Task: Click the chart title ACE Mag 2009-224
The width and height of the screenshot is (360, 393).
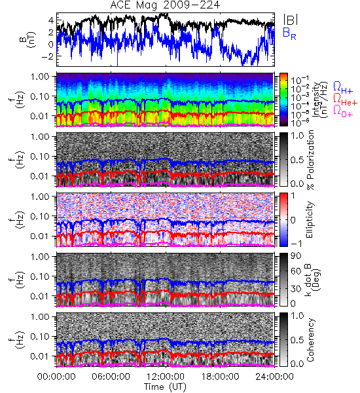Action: coord(165,5)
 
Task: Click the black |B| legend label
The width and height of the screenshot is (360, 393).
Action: coord(291,20)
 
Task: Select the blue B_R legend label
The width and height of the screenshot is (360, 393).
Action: coord(289,33)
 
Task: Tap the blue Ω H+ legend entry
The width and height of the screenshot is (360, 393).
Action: coord(343,88)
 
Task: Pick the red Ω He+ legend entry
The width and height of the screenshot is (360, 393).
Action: coord(345,100)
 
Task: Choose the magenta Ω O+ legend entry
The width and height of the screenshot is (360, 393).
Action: coord(343,111)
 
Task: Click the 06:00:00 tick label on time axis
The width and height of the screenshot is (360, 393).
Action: coord(111,377)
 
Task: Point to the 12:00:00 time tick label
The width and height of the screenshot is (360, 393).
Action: coord(166,377)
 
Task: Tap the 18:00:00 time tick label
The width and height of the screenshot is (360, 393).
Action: coord(220,377)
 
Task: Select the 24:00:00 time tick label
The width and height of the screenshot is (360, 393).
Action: coord(274,377)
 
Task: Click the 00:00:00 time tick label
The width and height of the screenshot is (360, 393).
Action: coord(56,377)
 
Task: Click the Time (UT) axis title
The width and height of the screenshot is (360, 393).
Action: coord(165,386)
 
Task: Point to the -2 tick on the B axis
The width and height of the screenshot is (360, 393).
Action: coord(47,56)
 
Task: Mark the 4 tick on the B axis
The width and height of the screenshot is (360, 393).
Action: coord(51,20)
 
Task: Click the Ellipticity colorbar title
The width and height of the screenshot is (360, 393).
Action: coord(310,219)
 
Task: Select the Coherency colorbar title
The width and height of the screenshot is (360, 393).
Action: coord(310,340)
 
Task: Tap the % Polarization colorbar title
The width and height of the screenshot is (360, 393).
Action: coord(310,159)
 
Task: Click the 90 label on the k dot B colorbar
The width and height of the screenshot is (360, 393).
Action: coord(296,256)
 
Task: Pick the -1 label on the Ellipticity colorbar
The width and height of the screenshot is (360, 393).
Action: coord(296,244)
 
